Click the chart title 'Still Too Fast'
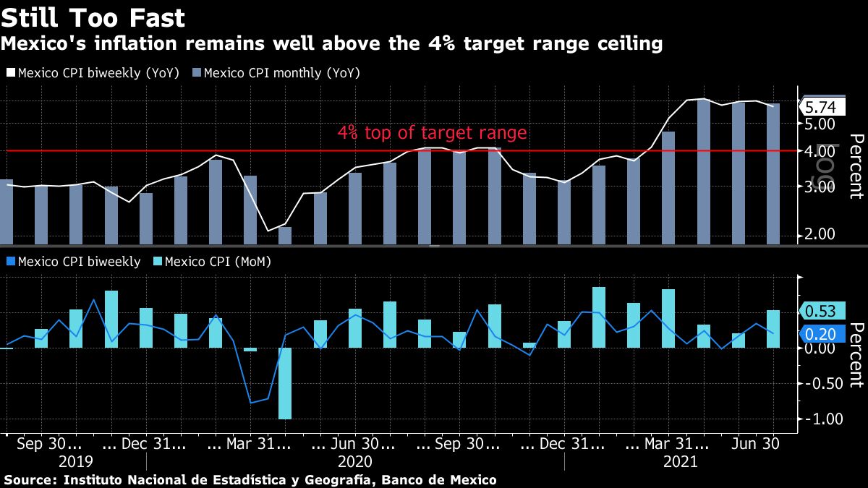click(93, 17)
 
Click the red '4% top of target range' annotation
click(432, 133)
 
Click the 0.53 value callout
click(820, 312)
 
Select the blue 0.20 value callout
click(820, 333)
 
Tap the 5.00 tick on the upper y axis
click(820, 124)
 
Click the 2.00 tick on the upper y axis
click(820, 234)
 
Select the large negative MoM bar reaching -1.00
click(285, 383)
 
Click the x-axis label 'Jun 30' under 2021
click(755, 444)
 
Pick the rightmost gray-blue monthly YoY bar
click(773, 174)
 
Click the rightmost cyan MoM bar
click(773, 329)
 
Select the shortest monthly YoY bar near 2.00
click(285, 236)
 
